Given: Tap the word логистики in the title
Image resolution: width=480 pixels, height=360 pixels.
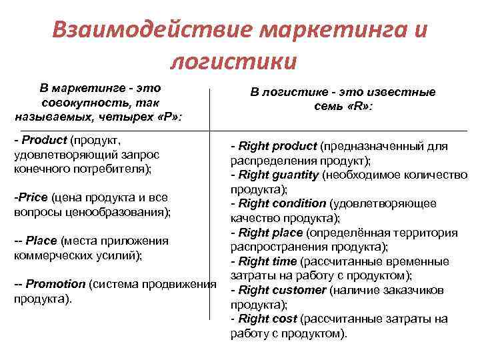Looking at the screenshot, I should (233, 61).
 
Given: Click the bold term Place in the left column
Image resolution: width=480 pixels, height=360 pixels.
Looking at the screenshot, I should (41, 241).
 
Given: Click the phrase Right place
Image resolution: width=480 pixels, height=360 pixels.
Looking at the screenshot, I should (270, 233).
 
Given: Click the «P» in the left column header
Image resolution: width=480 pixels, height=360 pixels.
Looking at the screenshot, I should (169, 116).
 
